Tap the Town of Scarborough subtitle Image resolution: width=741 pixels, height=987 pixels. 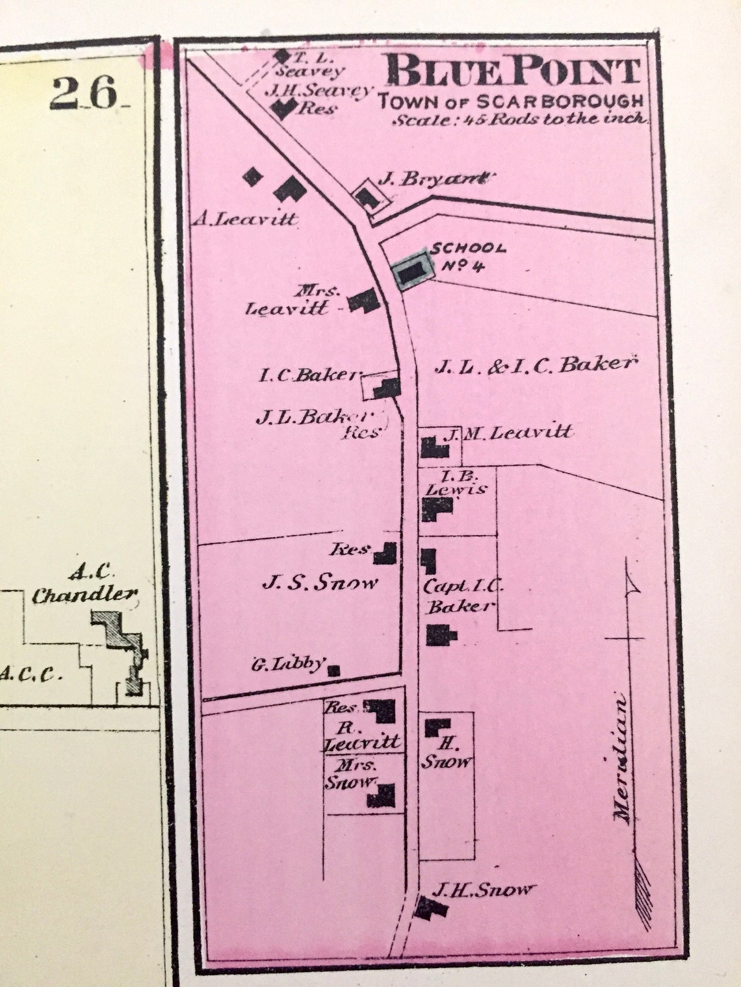click(x=511, y=102)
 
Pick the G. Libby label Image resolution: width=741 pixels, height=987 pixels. click(x=287, y=664)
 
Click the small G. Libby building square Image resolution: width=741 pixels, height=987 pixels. click(x=334, y=670)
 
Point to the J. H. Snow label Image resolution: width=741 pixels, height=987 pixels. click(x=484, y=890)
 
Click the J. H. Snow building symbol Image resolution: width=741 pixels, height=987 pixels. click(x=429, y=908)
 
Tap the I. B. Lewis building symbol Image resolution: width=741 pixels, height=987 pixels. click(x=436, y=506)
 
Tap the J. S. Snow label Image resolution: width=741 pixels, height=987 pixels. click(x=319, y=582)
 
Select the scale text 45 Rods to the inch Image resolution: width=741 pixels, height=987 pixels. click(x=519, y=119)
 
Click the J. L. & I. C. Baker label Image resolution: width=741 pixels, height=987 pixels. click(x=533, y=365)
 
